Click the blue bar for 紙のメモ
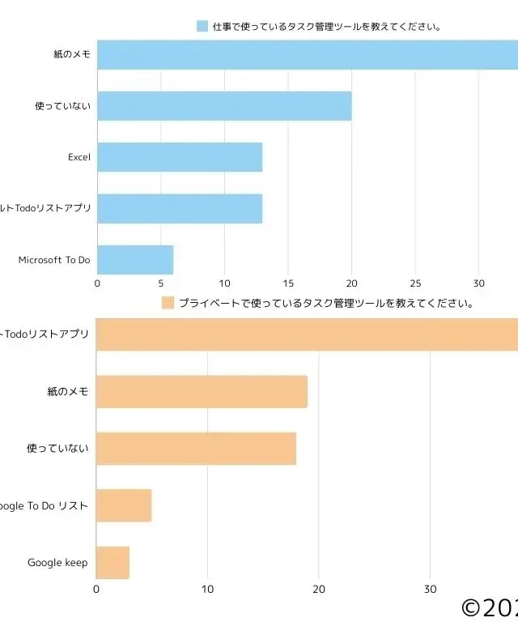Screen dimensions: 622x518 308,54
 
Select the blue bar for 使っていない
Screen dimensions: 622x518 224,106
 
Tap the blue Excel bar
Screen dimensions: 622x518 180,157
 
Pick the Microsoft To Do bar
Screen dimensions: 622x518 135,259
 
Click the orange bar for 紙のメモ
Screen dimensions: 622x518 202,392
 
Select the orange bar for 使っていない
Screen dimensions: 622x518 196,449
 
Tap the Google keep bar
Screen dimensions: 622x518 113,562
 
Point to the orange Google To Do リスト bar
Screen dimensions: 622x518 124,505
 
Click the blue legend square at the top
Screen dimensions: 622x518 202,27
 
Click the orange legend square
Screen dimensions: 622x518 168,303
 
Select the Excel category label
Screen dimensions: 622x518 79,157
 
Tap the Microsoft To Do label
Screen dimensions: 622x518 54,260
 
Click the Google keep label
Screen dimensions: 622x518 57,562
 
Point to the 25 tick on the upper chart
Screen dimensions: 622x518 415,283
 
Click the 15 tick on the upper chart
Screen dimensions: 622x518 288,283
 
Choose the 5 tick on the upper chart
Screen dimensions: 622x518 161,283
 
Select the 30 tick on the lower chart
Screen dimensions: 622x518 430,590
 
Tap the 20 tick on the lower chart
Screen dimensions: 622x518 319,590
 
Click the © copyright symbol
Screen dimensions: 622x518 472,607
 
